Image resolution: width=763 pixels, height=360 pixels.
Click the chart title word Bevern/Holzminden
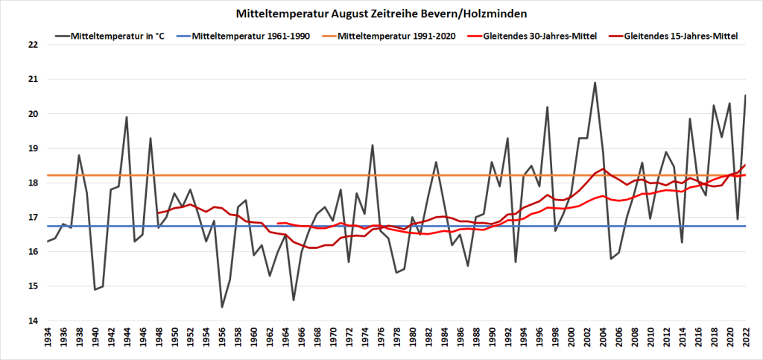pos(487,13)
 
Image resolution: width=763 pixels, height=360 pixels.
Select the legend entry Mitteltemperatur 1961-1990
pos(264,36)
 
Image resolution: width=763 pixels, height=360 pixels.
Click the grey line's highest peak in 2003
pos(595,83)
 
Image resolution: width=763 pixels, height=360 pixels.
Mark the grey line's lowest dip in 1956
pos(222,307)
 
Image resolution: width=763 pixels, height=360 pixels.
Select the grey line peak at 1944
pos(127,117)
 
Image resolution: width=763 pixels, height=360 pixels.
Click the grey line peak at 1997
pos(548,107)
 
